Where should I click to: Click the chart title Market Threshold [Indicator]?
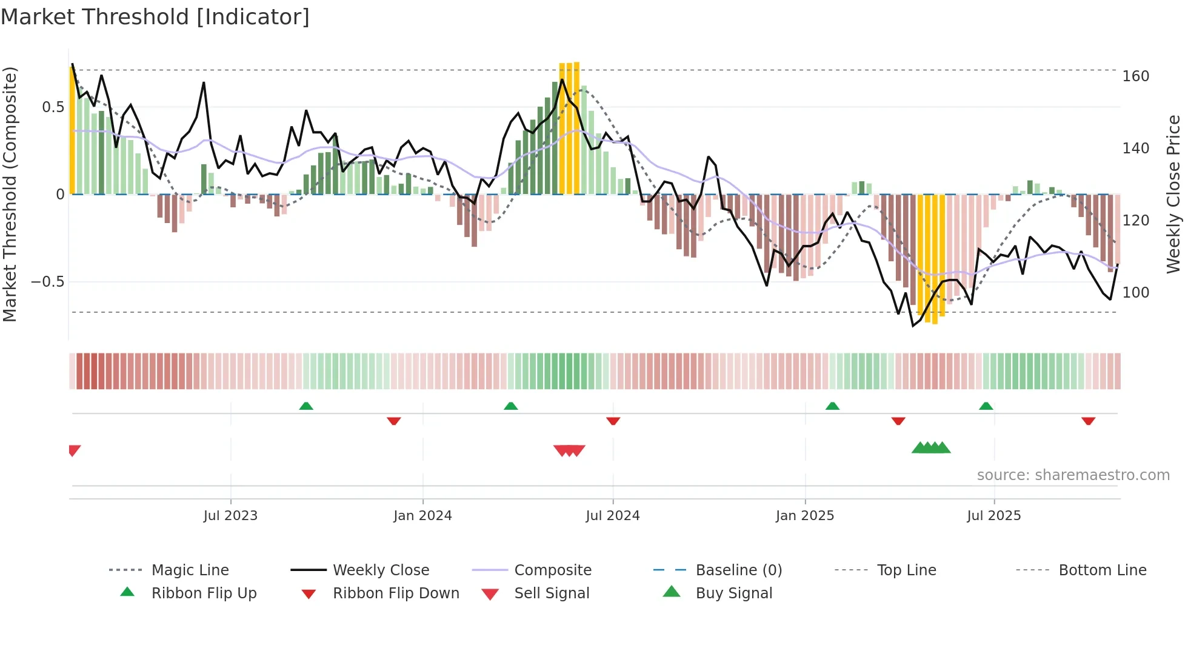click(x=155, y=17)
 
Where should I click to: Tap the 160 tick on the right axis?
click(x=1135, y=76)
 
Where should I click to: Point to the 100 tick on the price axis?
click(x=1135, y=293)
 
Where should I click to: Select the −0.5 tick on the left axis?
click(x=47, y=282)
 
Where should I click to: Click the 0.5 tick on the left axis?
click(x=53, y=107)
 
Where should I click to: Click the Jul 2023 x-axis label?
click(x=230, y=516)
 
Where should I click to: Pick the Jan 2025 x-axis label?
click(x=804, y=516)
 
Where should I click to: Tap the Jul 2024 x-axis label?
click(x=612, y=516)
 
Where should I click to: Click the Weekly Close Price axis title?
click(x=1173, y=194)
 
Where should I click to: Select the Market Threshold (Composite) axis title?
click(x=10, y=194)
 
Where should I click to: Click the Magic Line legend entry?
click(x=190, y=570)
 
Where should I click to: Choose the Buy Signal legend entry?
click(x=733, y=593)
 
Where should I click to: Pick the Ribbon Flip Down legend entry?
click(x=395, y=593)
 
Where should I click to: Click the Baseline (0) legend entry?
click(x=738, y=570)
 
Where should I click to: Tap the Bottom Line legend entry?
click(x=1102, y=570)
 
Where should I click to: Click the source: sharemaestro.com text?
click(x=1073, y=475)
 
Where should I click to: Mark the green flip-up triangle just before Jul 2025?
click(x=986, y=406)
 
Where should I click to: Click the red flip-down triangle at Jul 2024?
click(x=613, y=421)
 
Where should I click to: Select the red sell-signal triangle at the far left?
click(x=74, y=450)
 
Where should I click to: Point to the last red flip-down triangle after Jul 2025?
click(x=1088, y=421)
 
